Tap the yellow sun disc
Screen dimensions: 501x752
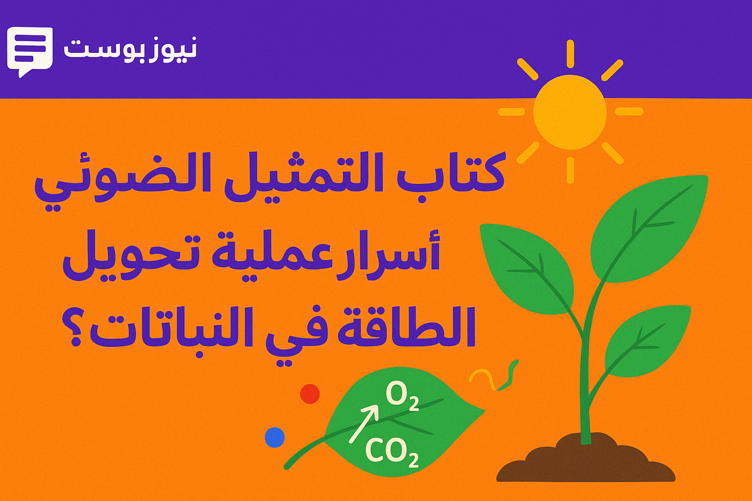click(569, 112)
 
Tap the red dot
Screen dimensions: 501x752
click(309, 393)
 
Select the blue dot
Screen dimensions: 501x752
click(274, 437)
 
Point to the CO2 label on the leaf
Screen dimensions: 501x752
click(392, 452)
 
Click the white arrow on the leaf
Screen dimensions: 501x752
click(363, 423)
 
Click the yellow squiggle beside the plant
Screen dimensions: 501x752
click(482, 378)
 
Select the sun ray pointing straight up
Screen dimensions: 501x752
click(570, 54)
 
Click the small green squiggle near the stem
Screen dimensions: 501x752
click(509, 376)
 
